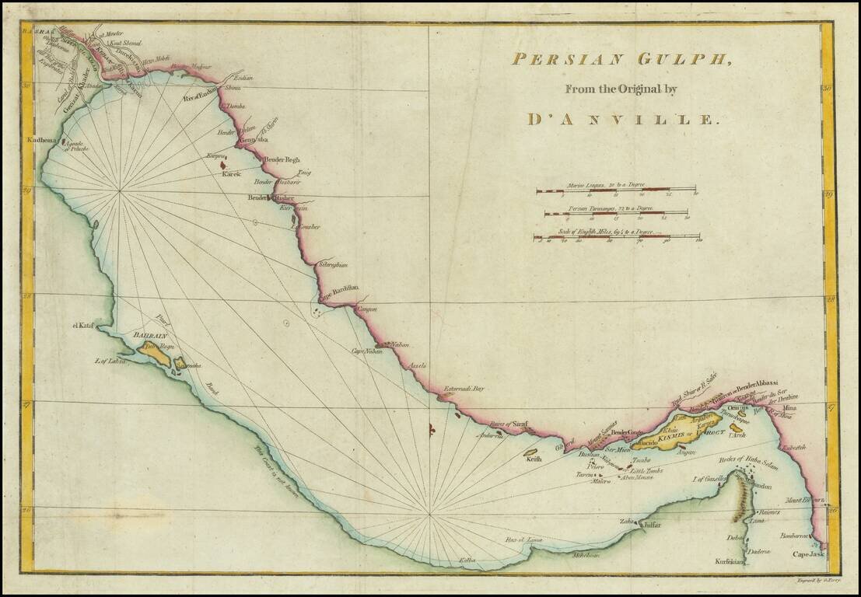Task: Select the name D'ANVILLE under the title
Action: tap(620, 120)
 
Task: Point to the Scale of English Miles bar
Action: tap(616, 237)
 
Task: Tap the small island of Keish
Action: tap(534, 452)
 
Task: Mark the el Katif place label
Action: tap(83, 326)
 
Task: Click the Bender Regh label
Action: tap(282, 160)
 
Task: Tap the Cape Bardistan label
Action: tap(338, 288)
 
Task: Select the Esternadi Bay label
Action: tap(464, 388)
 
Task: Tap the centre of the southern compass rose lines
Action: tap(430, 515)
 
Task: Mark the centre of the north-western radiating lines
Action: tap(120, 190)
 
